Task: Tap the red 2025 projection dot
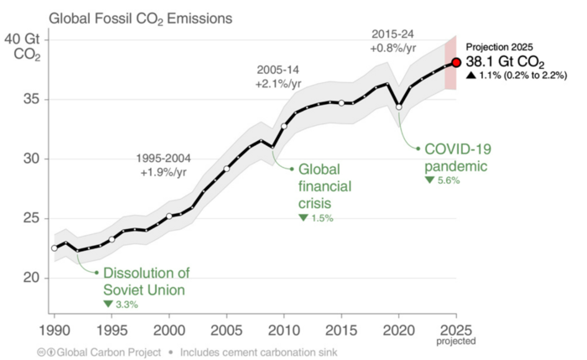tap(456, 62)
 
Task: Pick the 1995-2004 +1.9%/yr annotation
tap(167, 165)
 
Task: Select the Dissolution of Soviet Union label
tap(147, 280)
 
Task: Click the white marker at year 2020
tap(399, 107)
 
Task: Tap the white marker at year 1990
tap(55, 248)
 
